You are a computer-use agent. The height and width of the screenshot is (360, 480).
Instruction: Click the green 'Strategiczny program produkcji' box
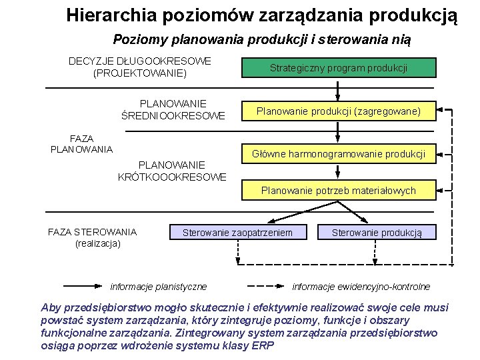338,68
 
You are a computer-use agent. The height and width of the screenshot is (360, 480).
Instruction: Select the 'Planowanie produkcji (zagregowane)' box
338,111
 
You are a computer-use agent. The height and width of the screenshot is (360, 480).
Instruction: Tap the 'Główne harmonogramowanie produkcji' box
338,154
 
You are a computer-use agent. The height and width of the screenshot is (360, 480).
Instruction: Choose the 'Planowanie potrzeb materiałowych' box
338,191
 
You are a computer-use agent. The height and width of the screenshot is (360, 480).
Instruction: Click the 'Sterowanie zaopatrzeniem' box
237,232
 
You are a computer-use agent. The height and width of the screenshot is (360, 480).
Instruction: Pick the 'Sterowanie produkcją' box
377,232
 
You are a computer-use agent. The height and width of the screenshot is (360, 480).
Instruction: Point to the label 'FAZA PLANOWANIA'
81,143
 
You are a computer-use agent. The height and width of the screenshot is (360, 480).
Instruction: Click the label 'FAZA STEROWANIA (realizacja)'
93,237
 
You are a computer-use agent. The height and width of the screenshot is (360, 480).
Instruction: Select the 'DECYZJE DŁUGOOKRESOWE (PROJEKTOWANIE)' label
140,67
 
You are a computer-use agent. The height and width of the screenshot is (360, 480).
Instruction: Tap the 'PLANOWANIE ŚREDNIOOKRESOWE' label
173,110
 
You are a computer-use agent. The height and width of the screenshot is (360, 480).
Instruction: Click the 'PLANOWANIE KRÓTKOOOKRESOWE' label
172,171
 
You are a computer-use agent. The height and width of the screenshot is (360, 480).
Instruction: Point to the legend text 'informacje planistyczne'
159,287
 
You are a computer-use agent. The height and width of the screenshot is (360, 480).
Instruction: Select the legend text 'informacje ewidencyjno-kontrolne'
361,287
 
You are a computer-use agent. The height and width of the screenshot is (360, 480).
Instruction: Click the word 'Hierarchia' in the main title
109,15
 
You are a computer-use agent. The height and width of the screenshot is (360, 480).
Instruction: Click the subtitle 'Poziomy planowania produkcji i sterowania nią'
262,39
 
